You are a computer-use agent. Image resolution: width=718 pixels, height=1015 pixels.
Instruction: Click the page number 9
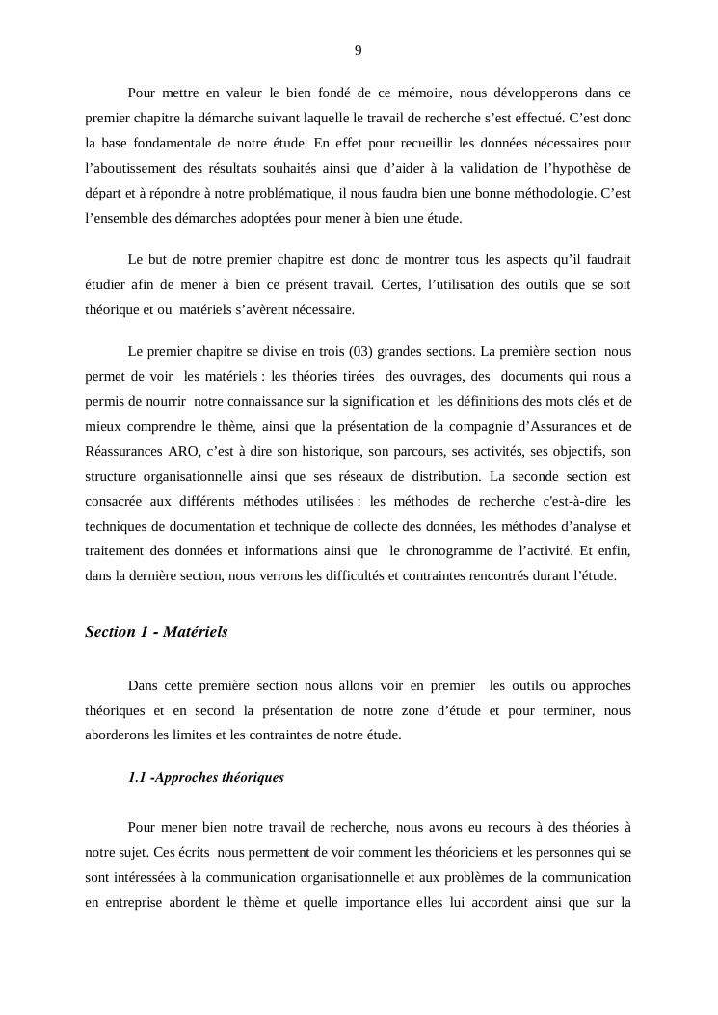359,51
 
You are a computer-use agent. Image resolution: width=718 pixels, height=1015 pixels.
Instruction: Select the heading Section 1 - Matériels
156,632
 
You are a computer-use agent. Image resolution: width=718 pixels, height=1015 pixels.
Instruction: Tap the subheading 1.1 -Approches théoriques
205,777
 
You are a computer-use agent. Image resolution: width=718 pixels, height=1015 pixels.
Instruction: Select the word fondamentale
180,144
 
